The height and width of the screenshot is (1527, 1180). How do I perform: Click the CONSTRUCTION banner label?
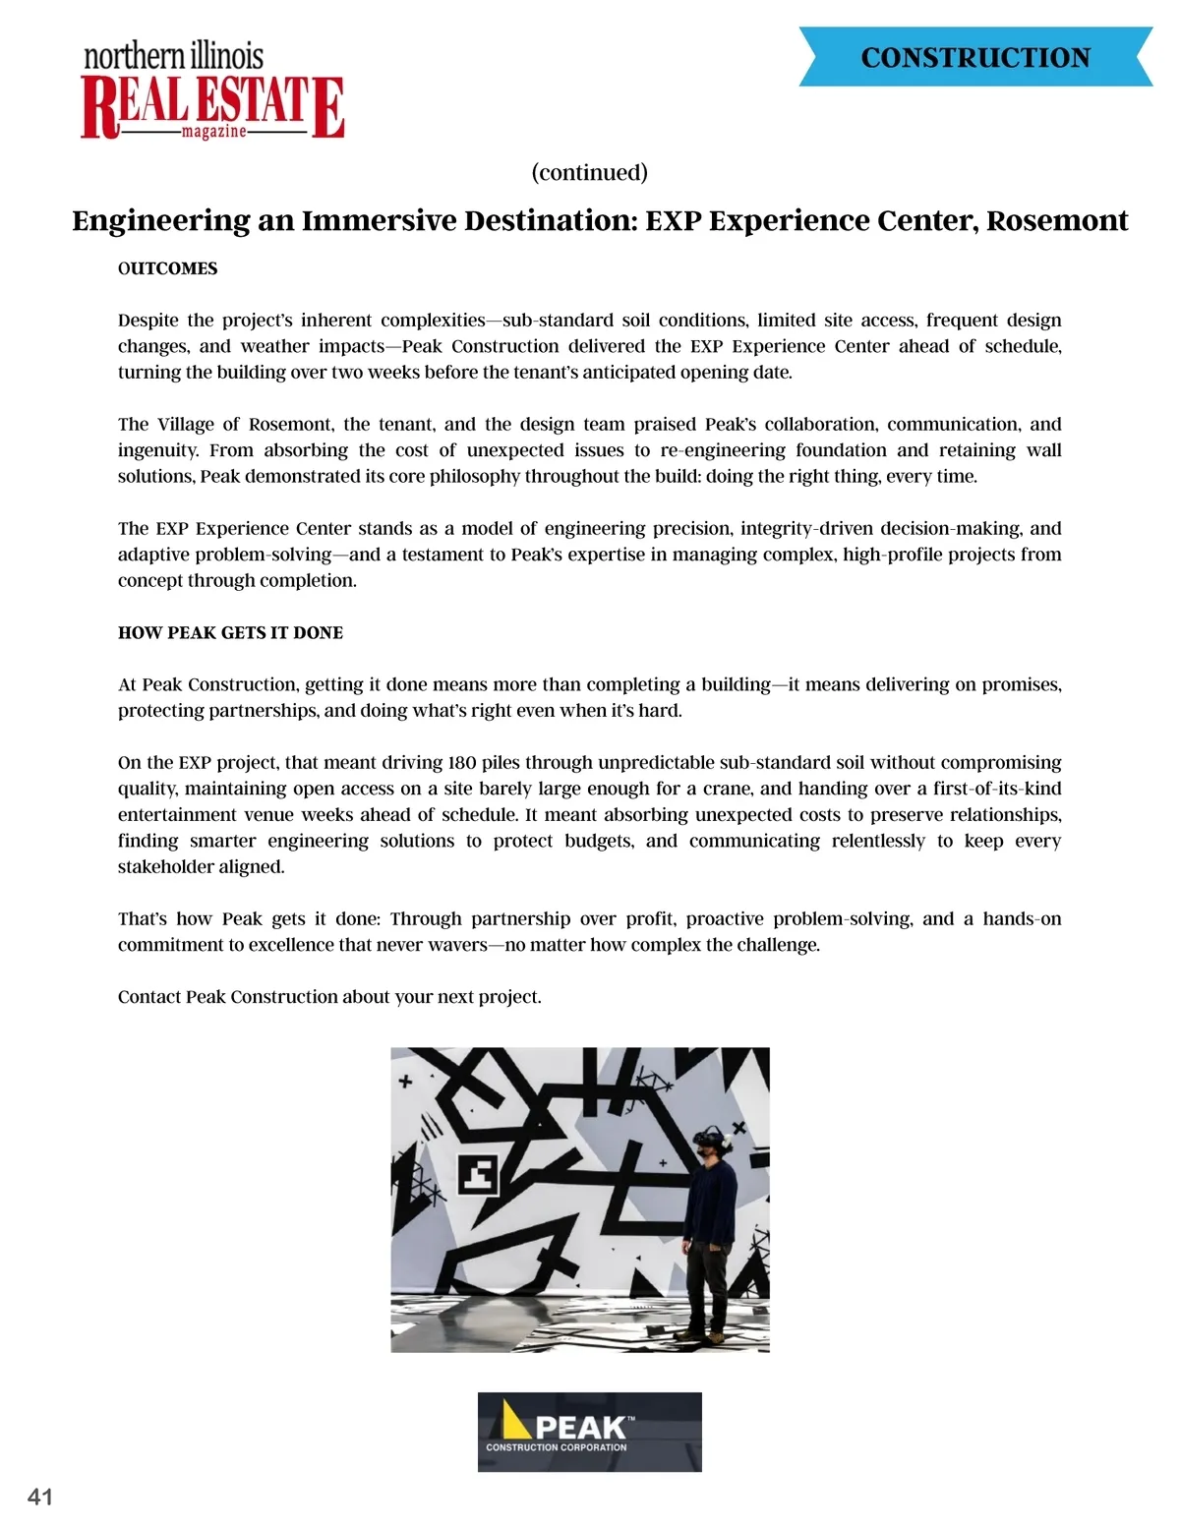point(975,58)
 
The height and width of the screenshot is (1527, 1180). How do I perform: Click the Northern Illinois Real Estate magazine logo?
point(212,90)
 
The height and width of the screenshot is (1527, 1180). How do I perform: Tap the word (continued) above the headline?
point(590,173)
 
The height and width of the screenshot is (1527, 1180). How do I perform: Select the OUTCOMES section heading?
point(167,268)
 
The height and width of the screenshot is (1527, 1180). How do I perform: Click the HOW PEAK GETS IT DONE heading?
point(230,632)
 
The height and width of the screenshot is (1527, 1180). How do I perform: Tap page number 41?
point(40,1497)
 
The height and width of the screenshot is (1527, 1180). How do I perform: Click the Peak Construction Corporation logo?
point(590,1432)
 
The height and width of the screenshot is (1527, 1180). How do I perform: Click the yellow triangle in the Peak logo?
point(515,1422)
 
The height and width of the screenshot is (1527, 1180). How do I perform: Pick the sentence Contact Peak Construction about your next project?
point(329,997)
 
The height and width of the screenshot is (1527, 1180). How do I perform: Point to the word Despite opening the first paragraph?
point(147,321)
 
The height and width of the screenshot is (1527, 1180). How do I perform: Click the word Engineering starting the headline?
point(161,220)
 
